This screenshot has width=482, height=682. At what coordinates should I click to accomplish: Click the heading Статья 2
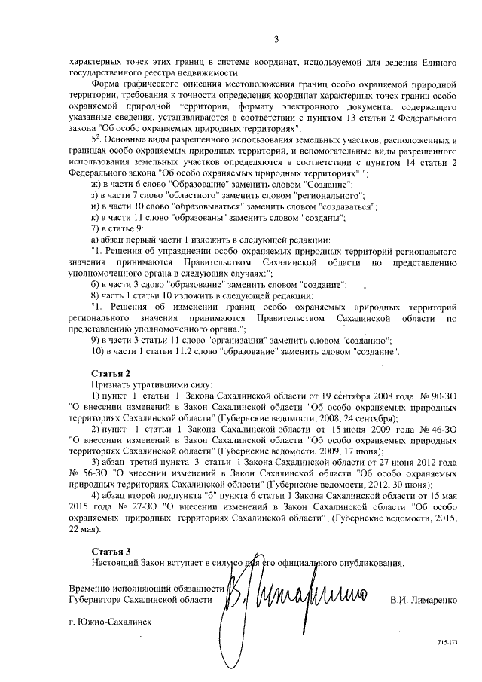point(111,373)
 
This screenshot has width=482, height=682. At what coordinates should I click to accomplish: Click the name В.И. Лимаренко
point(424,600)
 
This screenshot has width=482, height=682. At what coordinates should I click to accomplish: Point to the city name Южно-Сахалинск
point(110,622)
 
